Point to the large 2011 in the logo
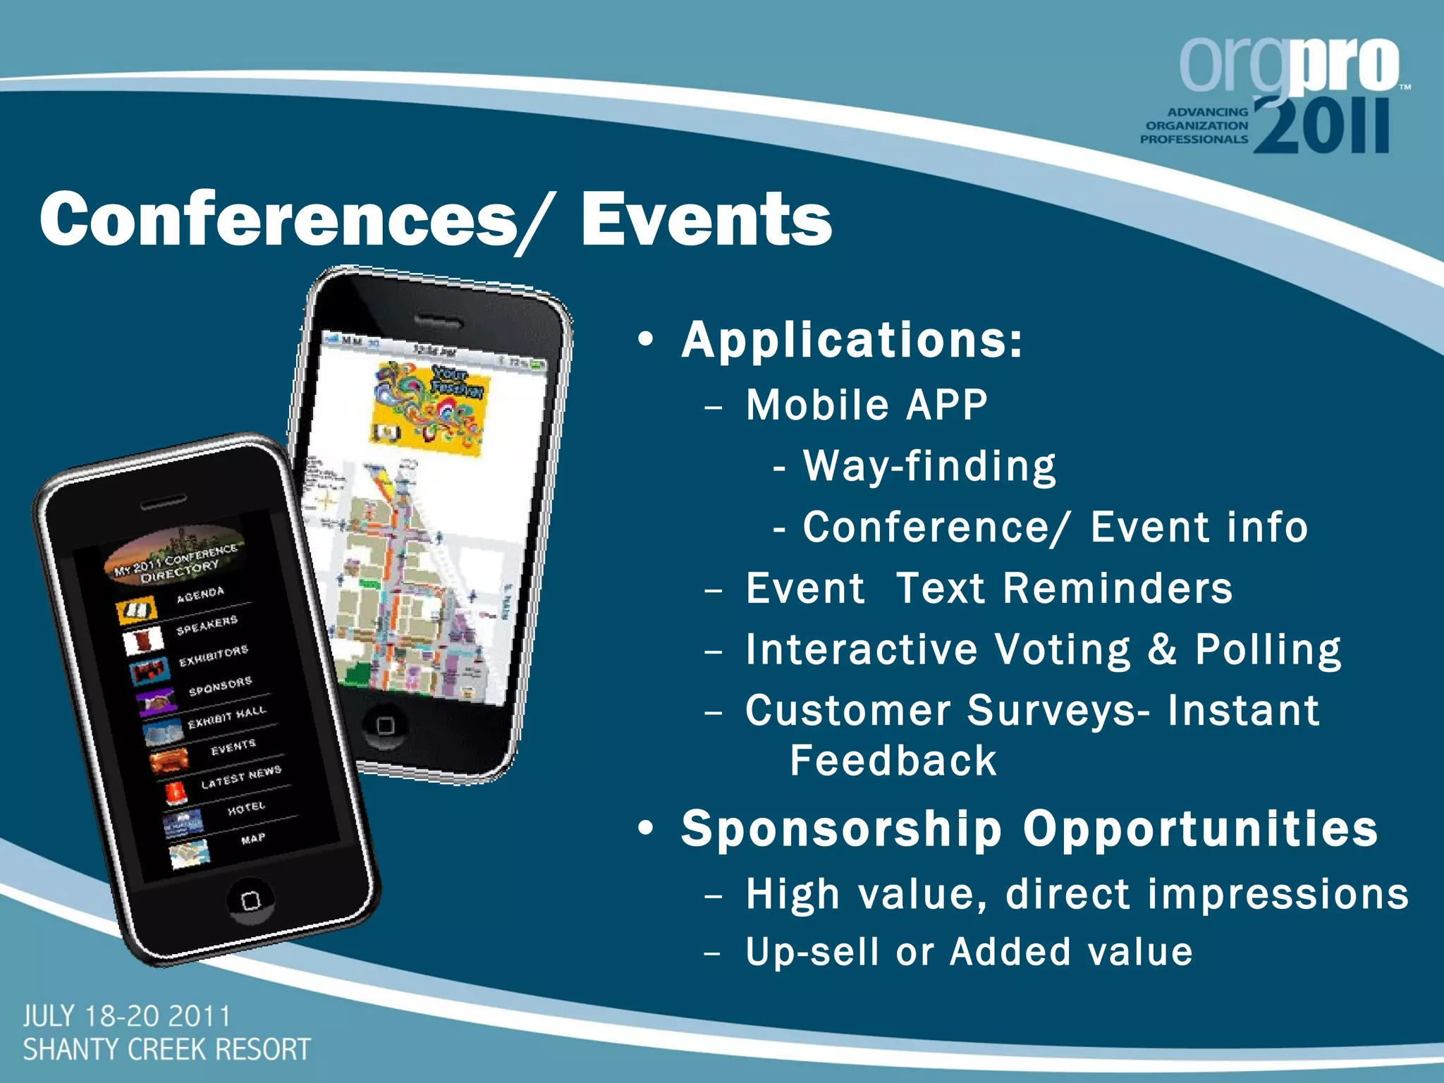(1321, 127)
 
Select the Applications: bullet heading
(851, 341)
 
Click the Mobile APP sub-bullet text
(867, 405)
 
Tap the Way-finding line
(929, 467)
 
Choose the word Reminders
(1118, 589)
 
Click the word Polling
(1268, 649)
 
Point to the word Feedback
(893, 761)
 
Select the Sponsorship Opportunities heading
(1029, 828)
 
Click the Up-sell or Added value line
(969, 952)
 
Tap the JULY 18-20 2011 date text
(127, 1017)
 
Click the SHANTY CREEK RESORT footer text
(166, 1050)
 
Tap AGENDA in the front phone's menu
(200, 594)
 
